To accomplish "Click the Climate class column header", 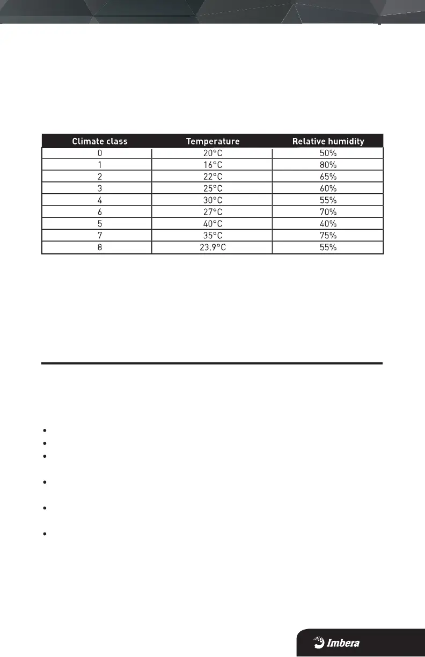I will click(x=100, y=142).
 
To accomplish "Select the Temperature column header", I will click(x=213, y=142).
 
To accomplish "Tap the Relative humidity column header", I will click(x=328, y=142).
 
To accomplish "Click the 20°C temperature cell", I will click(x=213, y=153).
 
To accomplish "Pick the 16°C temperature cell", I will click(x=213, y=165).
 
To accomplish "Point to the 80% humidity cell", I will click(x=328, y=165).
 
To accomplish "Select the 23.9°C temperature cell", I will click(x=213, y=247).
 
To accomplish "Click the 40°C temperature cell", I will click(x=213, y=224).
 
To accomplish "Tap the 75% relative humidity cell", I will click(x=328, y=236).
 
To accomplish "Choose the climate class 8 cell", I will click(x=100, y=247).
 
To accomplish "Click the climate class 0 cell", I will click(x=100, y=153).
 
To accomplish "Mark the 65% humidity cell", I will click(x=328, y=177).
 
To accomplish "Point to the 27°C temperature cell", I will click(x=213, y=212).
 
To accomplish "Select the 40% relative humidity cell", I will click(x=328, y=224).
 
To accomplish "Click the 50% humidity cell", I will click(x=328, y=153).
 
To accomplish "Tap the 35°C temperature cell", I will click(x=213, y=236).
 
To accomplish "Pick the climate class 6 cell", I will click(x=100, y=212).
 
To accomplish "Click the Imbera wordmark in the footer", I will click(x=343, y=643).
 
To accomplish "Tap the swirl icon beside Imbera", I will click(x=319, y=642).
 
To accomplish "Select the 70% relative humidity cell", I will click(x=328, y=212).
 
